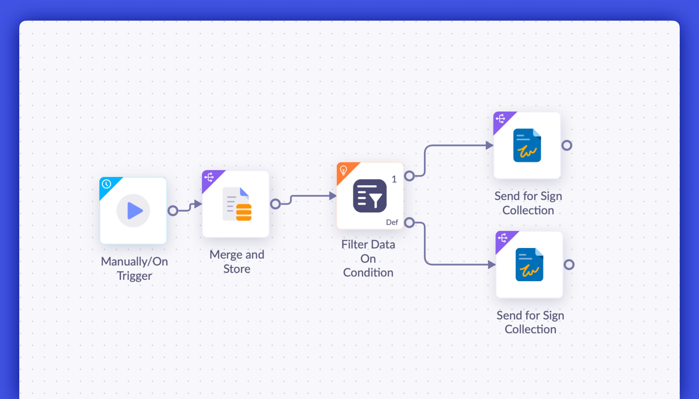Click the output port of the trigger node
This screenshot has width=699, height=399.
173,211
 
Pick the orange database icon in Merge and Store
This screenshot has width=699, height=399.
244,212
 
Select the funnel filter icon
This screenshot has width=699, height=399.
370,196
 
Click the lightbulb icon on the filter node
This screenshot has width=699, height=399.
343,170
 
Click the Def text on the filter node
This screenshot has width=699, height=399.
392,222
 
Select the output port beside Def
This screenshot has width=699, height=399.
409,223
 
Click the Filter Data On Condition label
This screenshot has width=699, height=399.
368,258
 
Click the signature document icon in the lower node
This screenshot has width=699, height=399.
529,265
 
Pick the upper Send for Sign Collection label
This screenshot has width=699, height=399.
528,203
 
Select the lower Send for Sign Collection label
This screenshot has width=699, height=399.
530,322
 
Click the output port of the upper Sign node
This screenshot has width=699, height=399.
567,145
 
